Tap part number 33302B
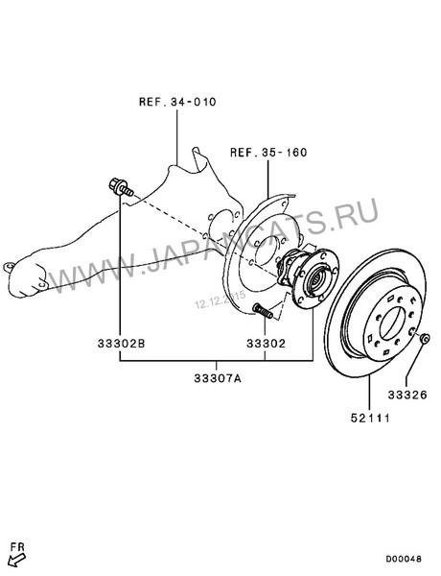point(121,342)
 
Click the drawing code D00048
point(405,558)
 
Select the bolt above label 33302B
point(121,188)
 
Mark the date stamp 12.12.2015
point(221,303)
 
